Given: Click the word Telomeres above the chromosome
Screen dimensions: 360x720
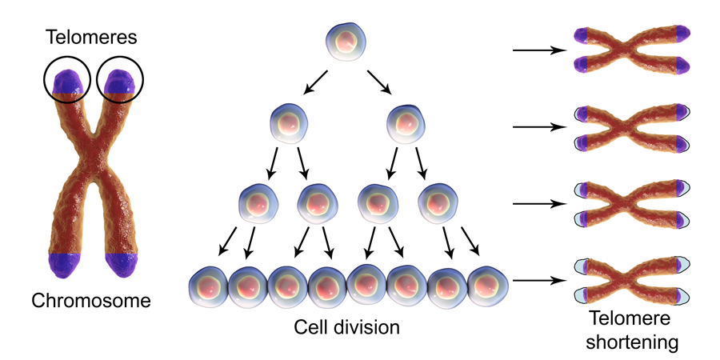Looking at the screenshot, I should (x=93, y=37).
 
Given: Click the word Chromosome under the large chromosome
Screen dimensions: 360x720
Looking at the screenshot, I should (x=90, y=301).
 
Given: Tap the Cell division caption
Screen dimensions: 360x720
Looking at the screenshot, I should (x=346, y=327).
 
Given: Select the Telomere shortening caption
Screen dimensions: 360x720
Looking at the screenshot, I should (x=632, y=330).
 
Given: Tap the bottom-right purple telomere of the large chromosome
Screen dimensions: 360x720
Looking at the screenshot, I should (x=122, y=264).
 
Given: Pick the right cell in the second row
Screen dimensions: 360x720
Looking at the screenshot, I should (x=403, y=125).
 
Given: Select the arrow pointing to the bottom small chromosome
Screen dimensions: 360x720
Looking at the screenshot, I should (x=538, y=281).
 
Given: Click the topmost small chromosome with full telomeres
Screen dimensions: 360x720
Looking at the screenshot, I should (x=632, y=50).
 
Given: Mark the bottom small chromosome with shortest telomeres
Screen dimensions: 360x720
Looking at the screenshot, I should (x=632, y=281).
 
